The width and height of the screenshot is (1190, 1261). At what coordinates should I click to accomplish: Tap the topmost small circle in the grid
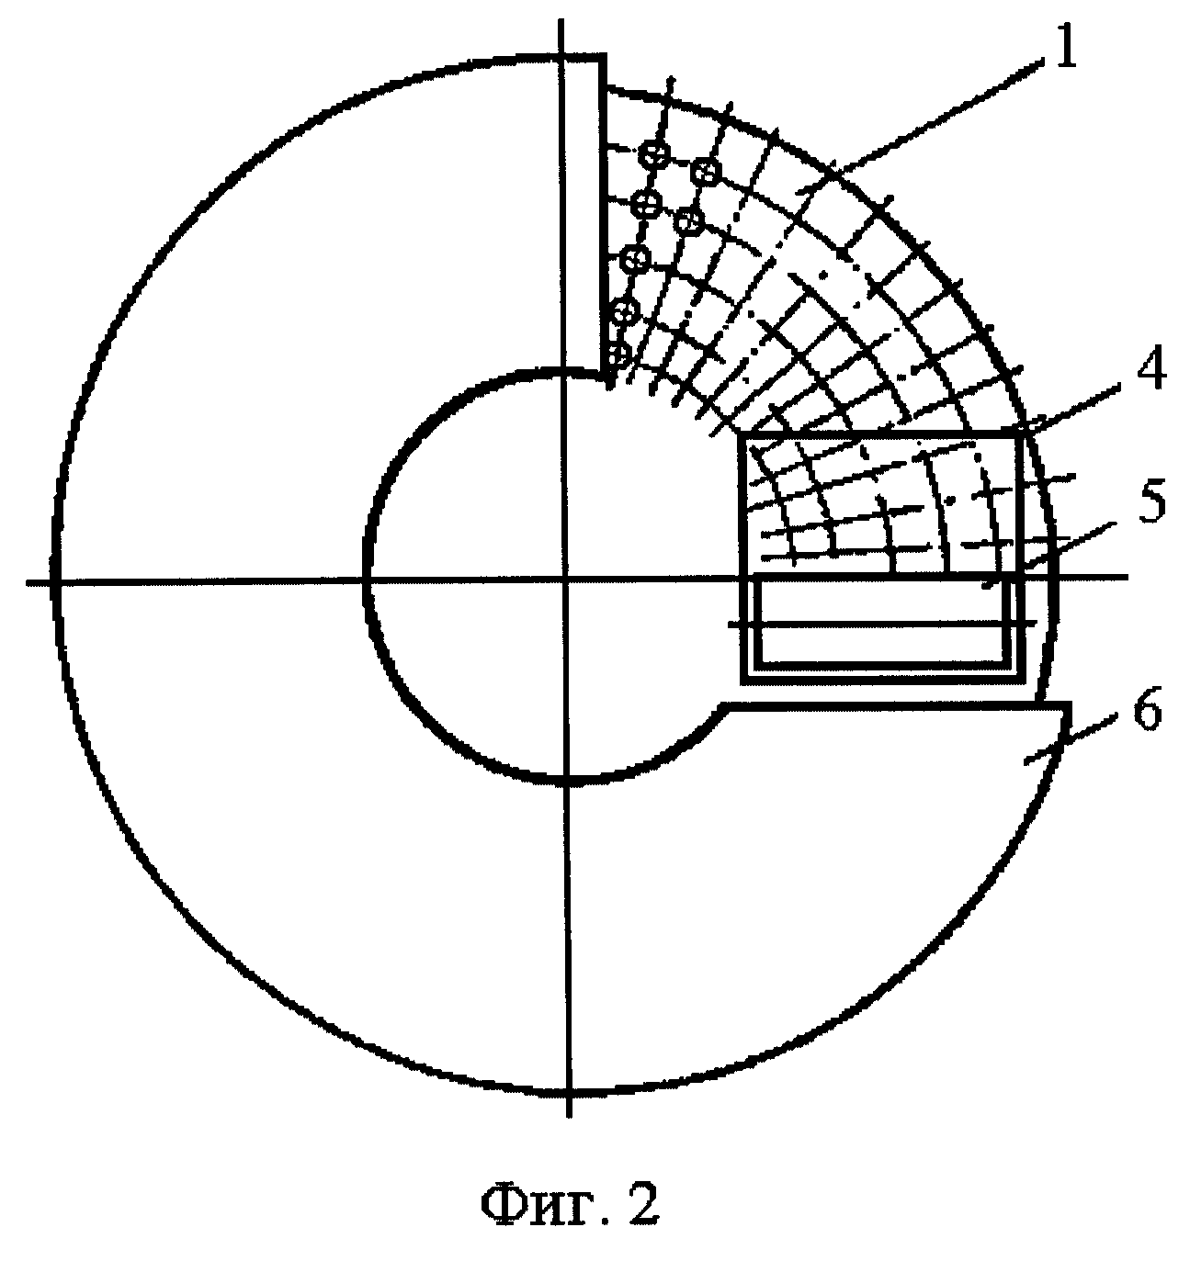(x=653, y=152)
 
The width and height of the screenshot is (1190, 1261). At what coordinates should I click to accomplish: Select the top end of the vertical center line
(x=561, y=19)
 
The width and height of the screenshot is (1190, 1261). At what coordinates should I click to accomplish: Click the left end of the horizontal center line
(x=26, y=581)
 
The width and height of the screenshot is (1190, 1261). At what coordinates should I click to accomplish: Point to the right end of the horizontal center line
(x=1128, y=577)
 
